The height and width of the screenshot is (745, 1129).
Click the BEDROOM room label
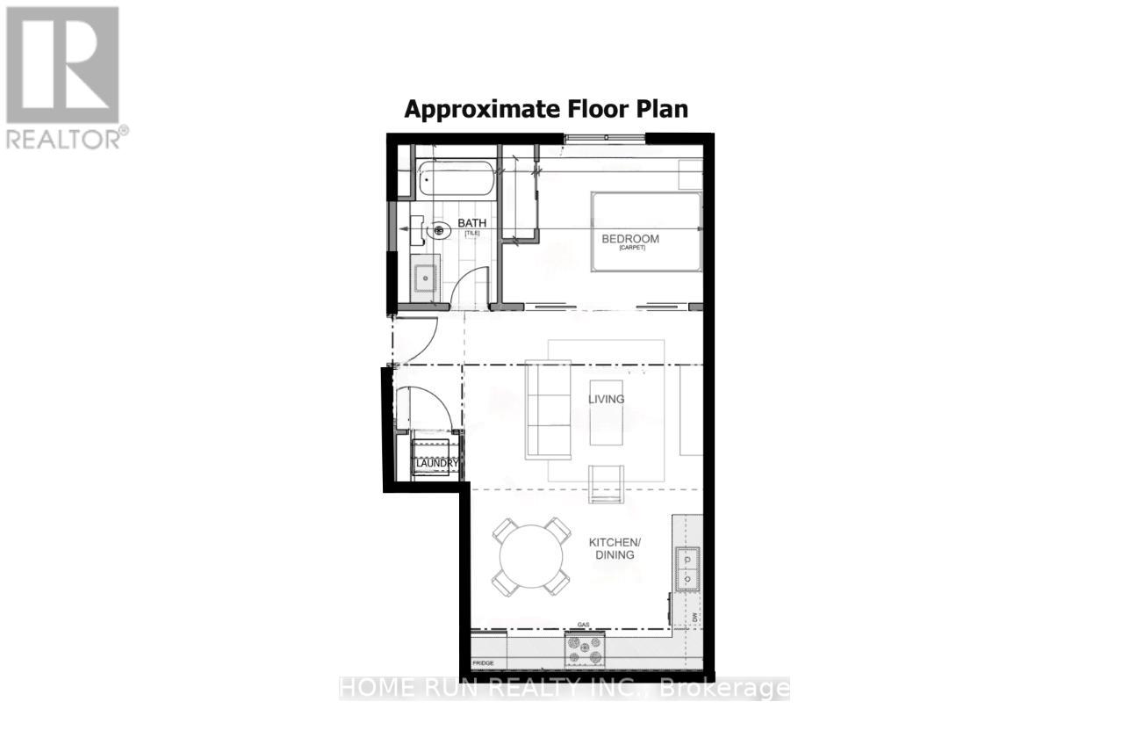pos(629,239)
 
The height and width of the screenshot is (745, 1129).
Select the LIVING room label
pos(606,399)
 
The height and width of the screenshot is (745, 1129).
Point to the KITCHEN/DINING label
pos(611,549)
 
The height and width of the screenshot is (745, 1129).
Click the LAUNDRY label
pos(435,463)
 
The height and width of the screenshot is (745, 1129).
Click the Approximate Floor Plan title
pos(545,109)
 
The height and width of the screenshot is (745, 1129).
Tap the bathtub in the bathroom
pos(455,180)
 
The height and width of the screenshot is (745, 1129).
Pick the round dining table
pos(531,556)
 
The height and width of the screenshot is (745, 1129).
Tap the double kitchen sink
pos(688,568)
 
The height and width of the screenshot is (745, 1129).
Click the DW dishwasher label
pos(694,618)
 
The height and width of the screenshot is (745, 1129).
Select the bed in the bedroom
pos(646,232)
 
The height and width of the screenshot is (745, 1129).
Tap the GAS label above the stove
pos(581,626)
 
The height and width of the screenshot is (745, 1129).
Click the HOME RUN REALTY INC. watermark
pos(564,688)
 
